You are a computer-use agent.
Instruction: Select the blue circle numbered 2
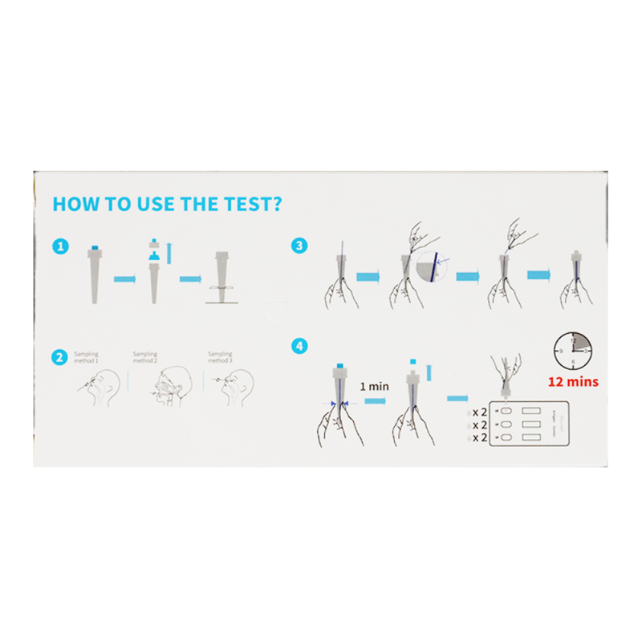pos(59,356)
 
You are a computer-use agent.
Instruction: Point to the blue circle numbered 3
pos(300,246)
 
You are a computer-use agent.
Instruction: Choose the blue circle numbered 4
pos(300,346)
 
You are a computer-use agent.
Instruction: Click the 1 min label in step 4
pos(374,386)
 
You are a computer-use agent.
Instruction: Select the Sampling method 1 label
pos(86,357)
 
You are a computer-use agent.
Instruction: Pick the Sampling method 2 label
pos(144,357)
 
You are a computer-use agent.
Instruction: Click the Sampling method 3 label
pos(220,357)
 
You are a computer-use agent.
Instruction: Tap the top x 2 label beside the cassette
pos(480,411)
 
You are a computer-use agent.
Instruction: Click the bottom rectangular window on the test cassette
pos(534,438)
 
